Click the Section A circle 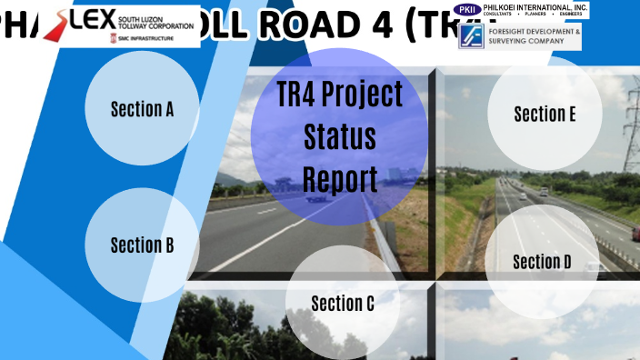(x=142, y=109)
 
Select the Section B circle (x=142, y=245)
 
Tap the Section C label (x=343, y=304)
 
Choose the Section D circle (x=543, y=262)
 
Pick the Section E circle (x=545, y=115)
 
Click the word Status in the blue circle (x=339, y=137)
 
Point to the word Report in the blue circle (x=339, y=178)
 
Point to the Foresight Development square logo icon (x=471, y=36)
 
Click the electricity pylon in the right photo (x=631, y=127)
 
